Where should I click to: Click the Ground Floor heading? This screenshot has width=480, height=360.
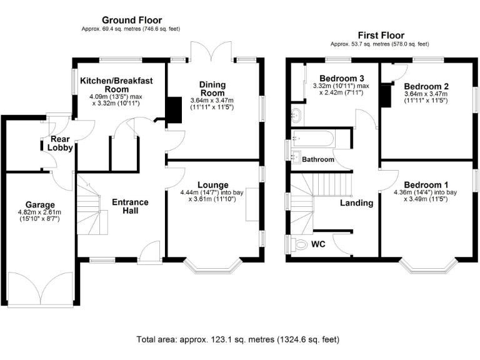(x=132, y=20)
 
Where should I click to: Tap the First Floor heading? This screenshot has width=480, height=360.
(x=381, y=35)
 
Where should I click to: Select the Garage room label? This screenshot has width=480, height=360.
(x=40, y=205)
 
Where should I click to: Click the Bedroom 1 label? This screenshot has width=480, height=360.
(x=426, y=185)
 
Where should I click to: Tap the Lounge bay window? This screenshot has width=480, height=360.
(x=212, y=266)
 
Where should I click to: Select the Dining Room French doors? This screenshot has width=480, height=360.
(x=211, y=51)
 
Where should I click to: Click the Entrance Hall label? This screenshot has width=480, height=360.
(x=130, y=206)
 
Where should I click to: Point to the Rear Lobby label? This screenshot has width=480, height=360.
(x=60, y=143)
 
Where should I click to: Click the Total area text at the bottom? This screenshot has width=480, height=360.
(x=238, y=339)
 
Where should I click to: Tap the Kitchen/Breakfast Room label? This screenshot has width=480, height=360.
(x=116, y=85)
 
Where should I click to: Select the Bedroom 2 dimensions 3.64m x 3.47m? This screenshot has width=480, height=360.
(x=426, y=94)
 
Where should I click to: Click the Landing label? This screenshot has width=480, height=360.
(x=357, y=203)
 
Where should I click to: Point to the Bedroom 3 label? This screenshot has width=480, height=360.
(x=342, y=78)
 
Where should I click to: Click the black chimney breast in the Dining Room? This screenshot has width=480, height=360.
(x=174, y=110)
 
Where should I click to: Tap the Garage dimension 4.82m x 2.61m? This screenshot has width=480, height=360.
(x=39, y=212)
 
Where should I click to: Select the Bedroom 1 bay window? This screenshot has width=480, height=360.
(x=428, y=266)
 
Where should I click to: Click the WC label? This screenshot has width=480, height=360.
(x=318, y=244)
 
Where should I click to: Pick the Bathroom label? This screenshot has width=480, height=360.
(x=318, y=159)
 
